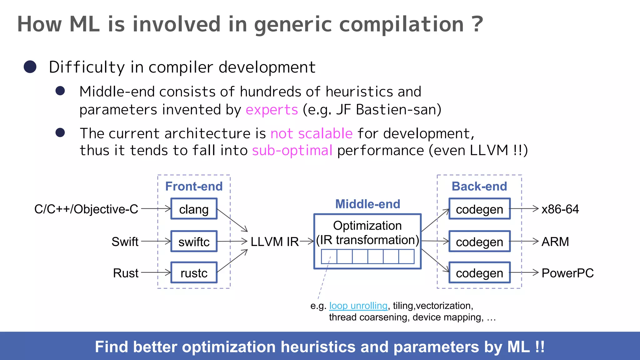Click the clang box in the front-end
click(194, 209)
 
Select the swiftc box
click(194, 242)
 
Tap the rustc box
click(194, 273)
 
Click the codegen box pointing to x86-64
click(479, 209)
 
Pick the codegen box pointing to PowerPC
click(479, 273)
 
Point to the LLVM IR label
click(274, 242)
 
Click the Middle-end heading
click(367, 204)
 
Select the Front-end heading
click(194, 186)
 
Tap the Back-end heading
click(479, 186)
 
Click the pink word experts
click(272, 110)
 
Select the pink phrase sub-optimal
click(292, 151)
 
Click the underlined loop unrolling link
click(358, 306)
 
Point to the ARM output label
click(555, 242)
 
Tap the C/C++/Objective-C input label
click(86, 209)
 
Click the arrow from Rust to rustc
click(156, 272)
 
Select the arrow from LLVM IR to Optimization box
click(307, 241)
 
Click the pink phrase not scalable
click(311, 133)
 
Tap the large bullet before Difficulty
click(30, 67)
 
